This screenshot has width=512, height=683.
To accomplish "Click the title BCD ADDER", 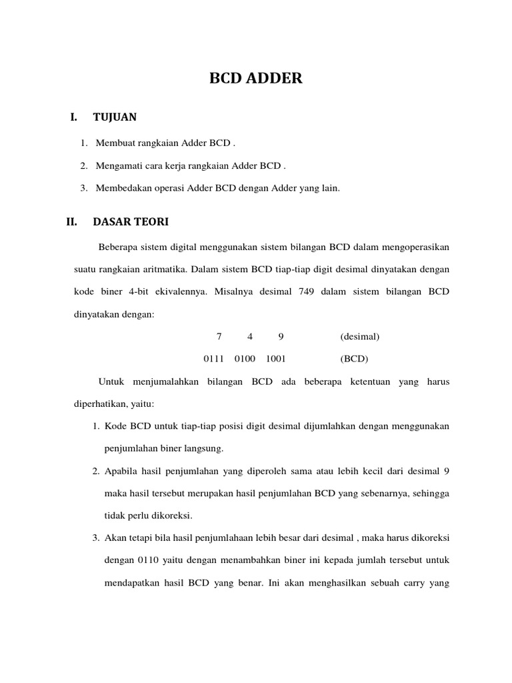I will (256, 79).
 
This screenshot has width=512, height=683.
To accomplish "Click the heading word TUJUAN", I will (115, 117).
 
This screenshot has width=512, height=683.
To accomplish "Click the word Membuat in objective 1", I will (115, 143).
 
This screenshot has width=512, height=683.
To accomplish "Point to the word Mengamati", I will (119, 165).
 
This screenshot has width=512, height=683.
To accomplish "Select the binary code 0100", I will (245, 359).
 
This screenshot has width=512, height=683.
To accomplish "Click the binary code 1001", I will (276, 359).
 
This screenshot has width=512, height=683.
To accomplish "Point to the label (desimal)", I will (360, 336).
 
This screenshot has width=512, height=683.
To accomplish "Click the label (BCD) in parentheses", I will (354, 359).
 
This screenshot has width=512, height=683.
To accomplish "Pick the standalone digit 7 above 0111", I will (219, 336).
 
